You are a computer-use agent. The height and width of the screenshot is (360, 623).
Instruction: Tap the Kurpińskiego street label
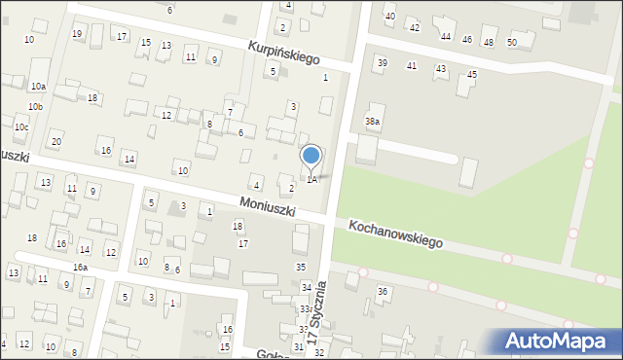(x=283, y=52)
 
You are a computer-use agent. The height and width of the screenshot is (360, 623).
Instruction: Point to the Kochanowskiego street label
(x=395, y=233)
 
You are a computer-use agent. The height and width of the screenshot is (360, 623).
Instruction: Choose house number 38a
(x=373, y=121)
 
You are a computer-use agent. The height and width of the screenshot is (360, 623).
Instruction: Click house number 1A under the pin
(x=311, y=179)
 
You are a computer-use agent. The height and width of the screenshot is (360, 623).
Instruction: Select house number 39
(x=382, y=62)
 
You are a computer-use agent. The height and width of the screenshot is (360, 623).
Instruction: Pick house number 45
(x=472, y=74)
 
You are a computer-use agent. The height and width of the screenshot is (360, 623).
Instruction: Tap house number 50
(x=512, y=42)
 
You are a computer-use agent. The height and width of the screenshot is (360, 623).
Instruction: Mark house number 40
(x=390, y=17)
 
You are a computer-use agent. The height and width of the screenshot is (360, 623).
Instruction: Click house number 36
(x=383, y=292)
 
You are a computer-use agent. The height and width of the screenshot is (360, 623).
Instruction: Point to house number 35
(x=301, y=267)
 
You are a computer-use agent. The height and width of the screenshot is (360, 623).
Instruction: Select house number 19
(x=77, y=34)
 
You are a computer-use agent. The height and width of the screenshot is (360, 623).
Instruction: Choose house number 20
(x=56, y=142)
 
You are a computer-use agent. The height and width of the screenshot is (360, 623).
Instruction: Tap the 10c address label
(x=21, y=127)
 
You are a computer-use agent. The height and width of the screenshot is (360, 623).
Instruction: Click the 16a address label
(x=80, y=267)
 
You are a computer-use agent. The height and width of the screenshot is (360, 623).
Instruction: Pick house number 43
(x=441, y=68)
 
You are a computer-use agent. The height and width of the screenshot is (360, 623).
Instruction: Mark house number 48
(x=489, y=41)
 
